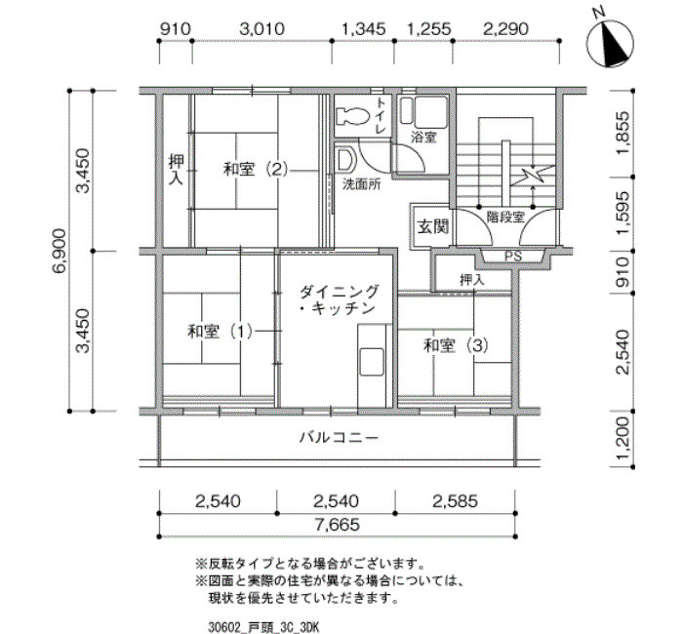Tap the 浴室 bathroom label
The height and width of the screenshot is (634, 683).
423,138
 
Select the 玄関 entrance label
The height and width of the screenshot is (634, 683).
432,226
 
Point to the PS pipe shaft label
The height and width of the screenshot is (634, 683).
512,257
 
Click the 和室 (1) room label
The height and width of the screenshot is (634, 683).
220,332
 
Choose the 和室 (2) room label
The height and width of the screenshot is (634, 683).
256,169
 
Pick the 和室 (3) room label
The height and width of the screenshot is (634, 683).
456,346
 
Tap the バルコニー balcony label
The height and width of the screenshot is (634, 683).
339,438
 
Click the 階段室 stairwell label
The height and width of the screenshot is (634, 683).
505,217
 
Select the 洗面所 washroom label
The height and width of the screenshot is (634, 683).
361,184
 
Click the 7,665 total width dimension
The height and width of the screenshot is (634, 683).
338,525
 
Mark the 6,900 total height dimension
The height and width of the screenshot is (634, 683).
59,251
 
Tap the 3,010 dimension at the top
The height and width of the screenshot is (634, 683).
262,29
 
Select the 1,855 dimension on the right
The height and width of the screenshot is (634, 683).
623,133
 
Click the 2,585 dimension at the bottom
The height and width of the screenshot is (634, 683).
456,501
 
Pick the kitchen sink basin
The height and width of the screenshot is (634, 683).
372,362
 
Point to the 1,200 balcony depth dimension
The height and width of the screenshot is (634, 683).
623,439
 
